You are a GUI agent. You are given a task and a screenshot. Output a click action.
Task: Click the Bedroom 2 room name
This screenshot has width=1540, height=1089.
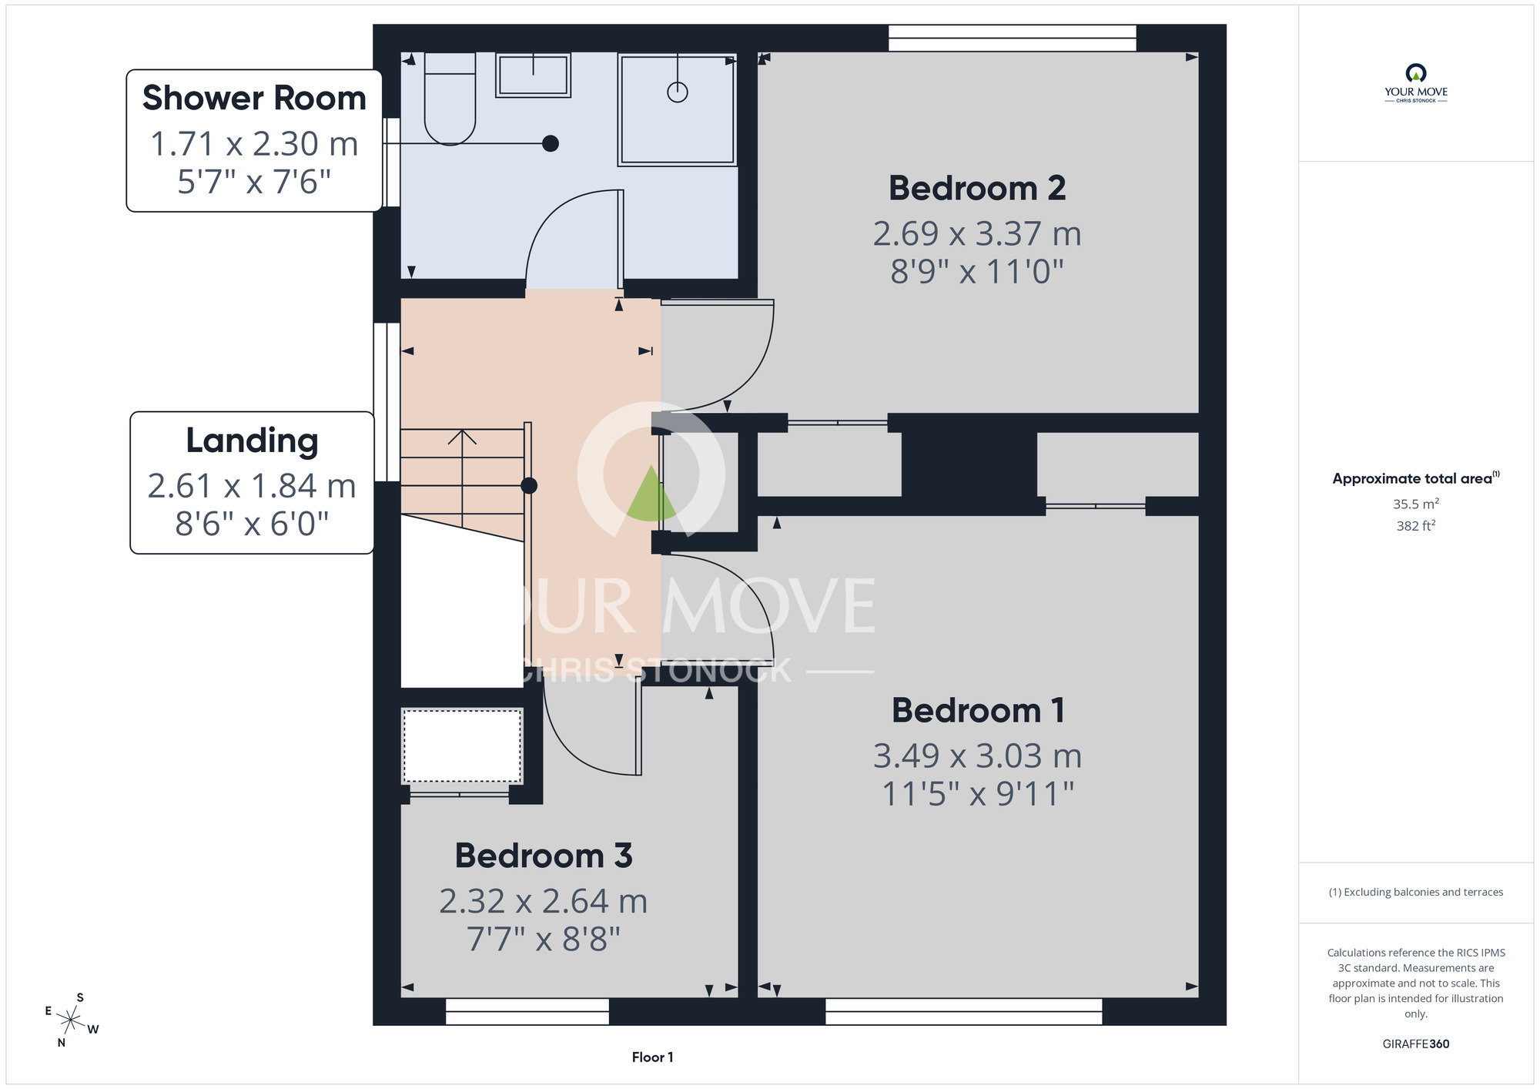[977, 188]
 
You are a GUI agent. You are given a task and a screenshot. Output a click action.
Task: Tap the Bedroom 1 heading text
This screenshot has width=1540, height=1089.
[978, 710]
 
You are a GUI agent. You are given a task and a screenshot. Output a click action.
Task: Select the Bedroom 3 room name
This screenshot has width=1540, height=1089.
[544, 856]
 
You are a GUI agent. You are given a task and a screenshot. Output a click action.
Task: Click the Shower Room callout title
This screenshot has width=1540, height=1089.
[254, 99]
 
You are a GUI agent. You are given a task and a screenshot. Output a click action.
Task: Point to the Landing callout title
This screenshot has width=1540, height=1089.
[252, 441]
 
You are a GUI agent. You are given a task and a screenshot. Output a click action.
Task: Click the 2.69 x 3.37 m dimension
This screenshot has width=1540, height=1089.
[977, 233]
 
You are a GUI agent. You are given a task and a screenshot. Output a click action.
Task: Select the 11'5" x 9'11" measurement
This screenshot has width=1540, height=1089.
[978, 793]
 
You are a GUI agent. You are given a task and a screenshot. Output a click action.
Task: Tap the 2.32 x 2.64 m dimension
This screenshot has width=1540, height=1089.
[544, 901]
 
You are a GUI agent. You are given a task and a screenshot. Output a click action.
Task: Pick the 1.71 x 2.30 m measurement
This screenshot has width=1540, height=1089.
[254, 144]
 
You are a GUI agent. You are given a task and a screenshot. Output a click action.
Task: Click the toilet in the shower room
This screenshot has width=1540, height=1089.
[450, 99]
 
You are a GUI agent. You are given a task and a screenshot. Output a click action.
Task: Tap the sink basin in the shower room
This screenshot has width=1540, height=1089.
[533, 75]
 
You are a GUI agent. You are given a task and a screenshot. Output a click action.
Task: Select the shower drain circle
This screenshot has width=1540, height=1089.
[678, 92]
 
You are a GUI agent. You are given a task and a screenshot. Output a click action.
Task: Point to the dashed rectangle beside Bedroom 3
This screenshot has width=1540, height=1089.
[462, 746]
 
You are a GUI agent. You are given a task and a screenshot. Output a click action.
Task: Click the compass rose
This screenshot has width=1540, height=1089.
[71, 1020]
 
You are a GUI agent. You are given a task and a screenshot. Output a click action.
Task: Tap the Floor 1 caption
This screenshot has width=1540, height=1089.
[653, 1057]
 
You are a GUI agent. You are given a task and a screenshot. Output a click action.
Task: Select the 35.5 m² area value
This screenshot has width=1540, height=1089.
[1416, 504]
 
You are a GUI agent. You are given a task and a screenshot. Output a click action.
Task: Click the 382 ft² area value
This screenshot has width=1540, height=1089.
[1416, 526]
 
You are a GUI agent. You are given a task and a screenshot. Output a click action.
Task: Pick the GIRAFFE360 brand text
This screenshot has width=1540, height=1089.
[1416, 1044]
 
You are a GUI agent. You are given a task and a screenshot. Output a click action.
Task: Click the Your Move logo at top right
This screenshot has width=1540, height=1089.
[1416, 83]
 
